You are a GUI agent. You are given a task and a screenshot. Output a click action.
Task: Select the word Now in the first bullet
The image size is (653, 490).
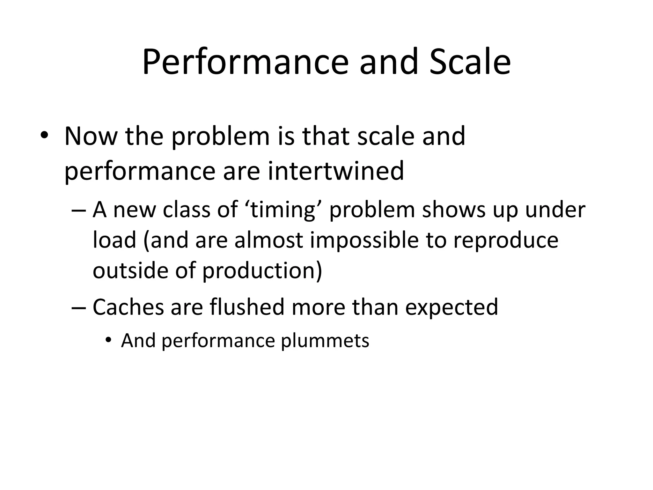click(x=91, y=137)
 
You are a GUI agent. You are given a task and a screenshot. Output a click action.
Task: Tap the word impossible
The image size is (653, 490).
click(x=364, y=241)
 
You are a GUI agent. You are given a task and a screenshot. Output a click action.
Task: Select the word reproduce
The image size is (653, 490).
click(x=506, y=241)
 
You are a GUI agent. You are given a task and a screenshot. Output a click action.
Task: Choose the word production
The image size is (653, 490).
click(x=262, y=271)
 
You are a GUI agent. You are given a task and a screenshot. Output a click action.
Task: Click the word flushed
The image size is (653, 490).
click(x=247, y=307)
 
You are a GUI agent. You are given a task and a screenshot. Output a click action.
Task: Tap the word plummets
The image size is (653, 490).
click(x=325, y=341)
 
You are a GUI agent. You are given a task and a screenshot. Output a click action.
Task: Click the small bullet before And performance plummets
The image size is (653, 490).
click(x=109, y=340)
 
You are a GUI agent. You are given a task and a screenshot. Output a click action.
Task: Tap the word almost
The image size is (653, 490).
click(x=268, y=240)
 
